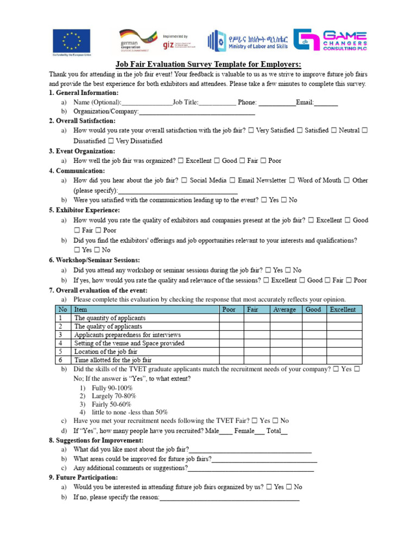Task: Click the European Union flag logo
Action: coord(71,40)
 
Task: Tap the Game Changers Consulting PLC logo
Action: coord(330,40)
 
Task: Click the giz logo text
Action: coord(168,45)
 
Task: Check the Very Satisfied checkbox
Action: coord(251,131)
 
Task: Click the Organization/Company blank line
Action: coord(197,112)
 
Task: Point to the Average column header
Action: coord(285,310)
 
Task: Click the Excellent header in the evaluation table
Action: coord(343,310)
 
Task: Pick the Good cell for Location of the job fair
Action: coord(313,352)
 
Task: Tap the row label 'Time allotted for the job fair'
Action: coord(113,360)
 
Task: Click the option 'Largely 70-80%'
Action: coord(113,396)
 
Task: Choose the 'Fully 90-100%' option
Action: coord(112,388)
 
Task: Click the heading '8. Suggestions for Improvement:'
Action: coord(96,440)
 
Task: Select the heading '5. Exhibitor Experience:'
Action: coord(84,210)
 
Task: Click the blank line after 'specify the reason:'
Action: coord(229,498)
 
